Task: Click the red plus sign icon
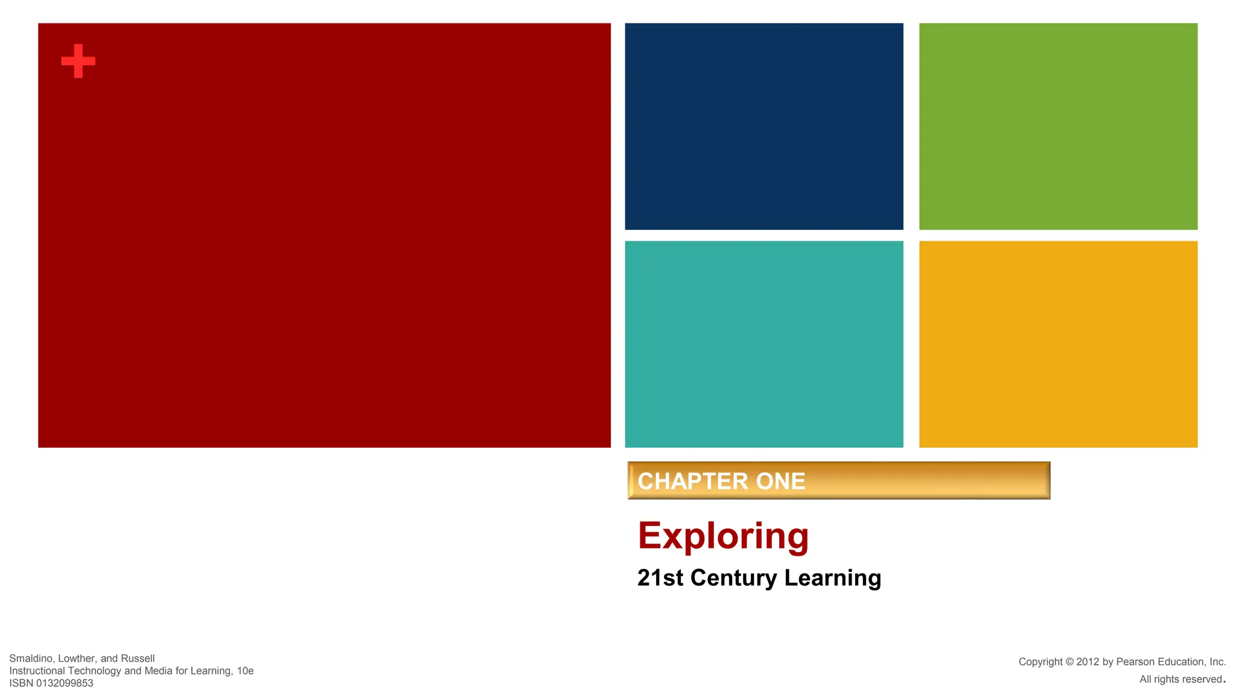(78, 61)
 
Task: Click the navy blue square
(764, 126)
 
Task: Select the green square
(1058, 126)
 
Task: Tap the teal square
(764, 344)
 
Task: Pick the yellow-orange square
(1058, 344)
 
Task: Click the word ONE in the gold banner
(781, 481)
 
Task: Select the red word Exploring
(723, 536)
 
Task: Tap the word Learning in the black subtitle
(833, 578)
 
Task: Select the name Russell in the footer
(138, 658)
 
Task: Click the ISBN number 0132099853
(65, 683)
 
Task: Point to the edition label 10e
(245, 671)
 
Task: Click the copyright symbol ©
(1069, 662)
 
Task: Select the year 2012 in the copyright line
(1088, 662)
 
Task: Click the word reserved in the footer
(1202, 679)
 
